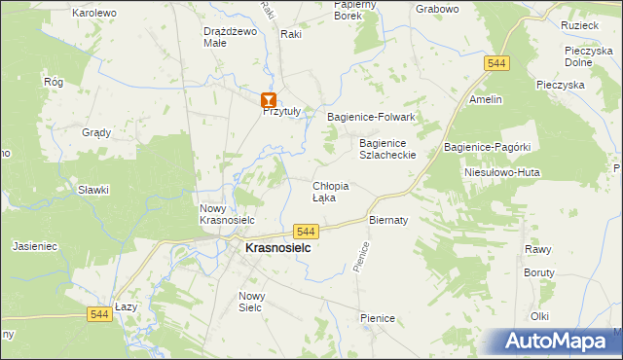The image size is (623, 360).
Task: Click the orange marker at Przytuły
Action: [x=269, y=99]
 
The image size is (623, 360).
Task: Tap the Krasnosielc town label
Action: [x=277, y=249]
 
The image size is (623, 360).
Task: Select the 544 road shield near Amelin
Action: [x=496, y=63]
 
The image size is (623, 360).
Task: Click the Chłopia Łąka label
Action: [x=330, y=191]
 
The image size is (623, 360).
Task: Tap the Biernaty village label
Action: [x=387, y=220]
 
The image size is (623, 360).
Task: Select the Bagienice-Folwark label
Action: [x=371, y=117]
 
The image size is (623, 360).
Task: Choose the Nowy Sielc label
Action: [x=252, y=301]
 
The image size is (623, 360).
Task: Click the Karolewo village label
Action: [x=94, y=13]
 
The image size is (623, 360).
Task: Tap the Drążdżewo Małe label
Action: [x=230, y=36]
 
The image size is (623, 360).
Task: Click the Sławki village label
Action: [x=93, y=190]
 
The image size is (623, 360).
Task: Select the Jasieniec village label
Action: [x=36, y=247]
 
